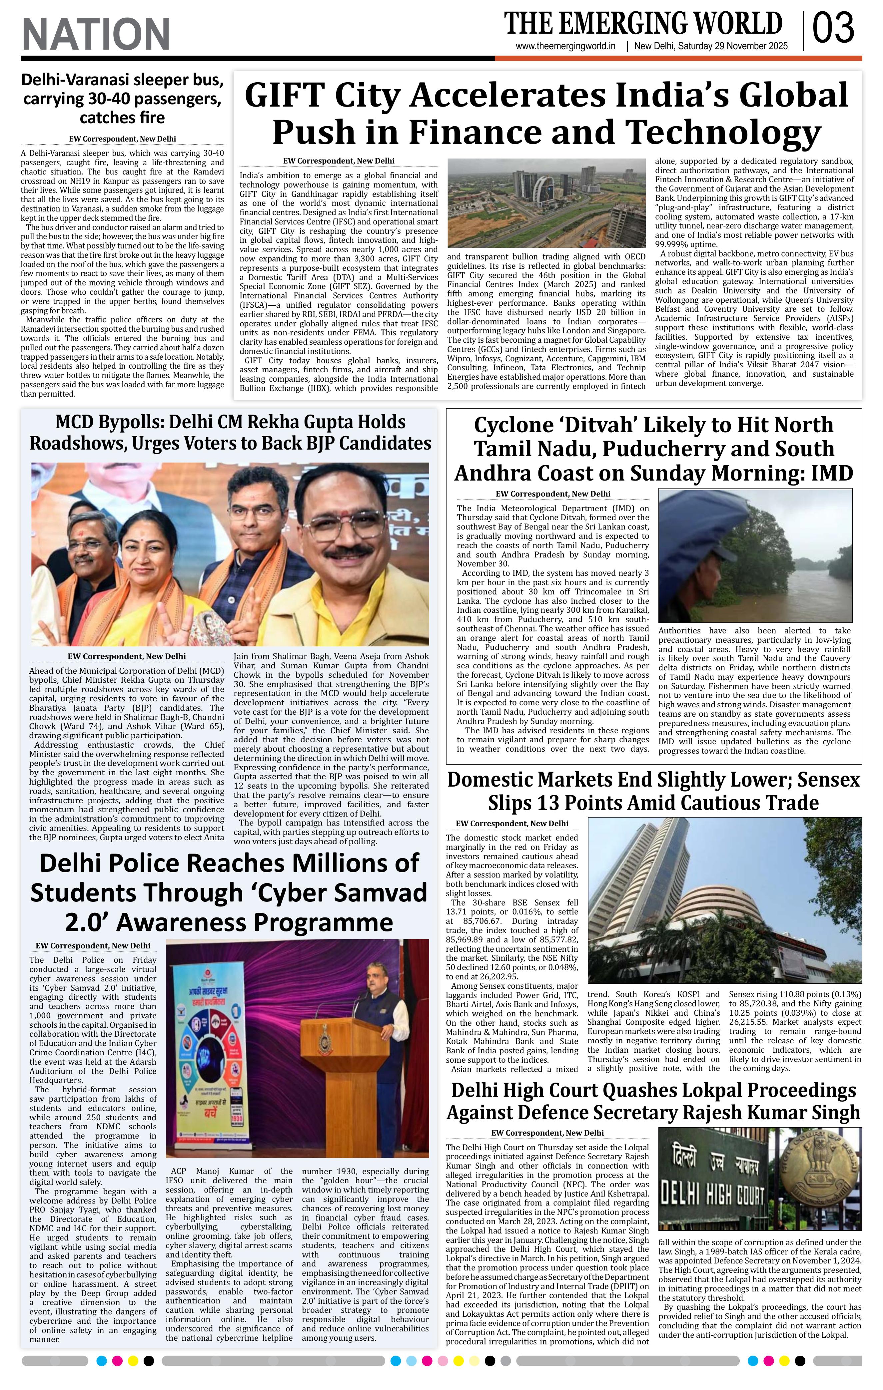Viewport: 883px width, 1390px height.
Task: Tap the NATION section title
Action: [96, 34]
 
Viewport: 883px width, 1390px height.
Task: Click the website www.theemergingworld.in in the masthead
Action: [565, 47]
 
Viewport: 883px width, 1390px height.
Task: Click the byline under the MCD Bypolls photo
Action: [127, 656]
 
